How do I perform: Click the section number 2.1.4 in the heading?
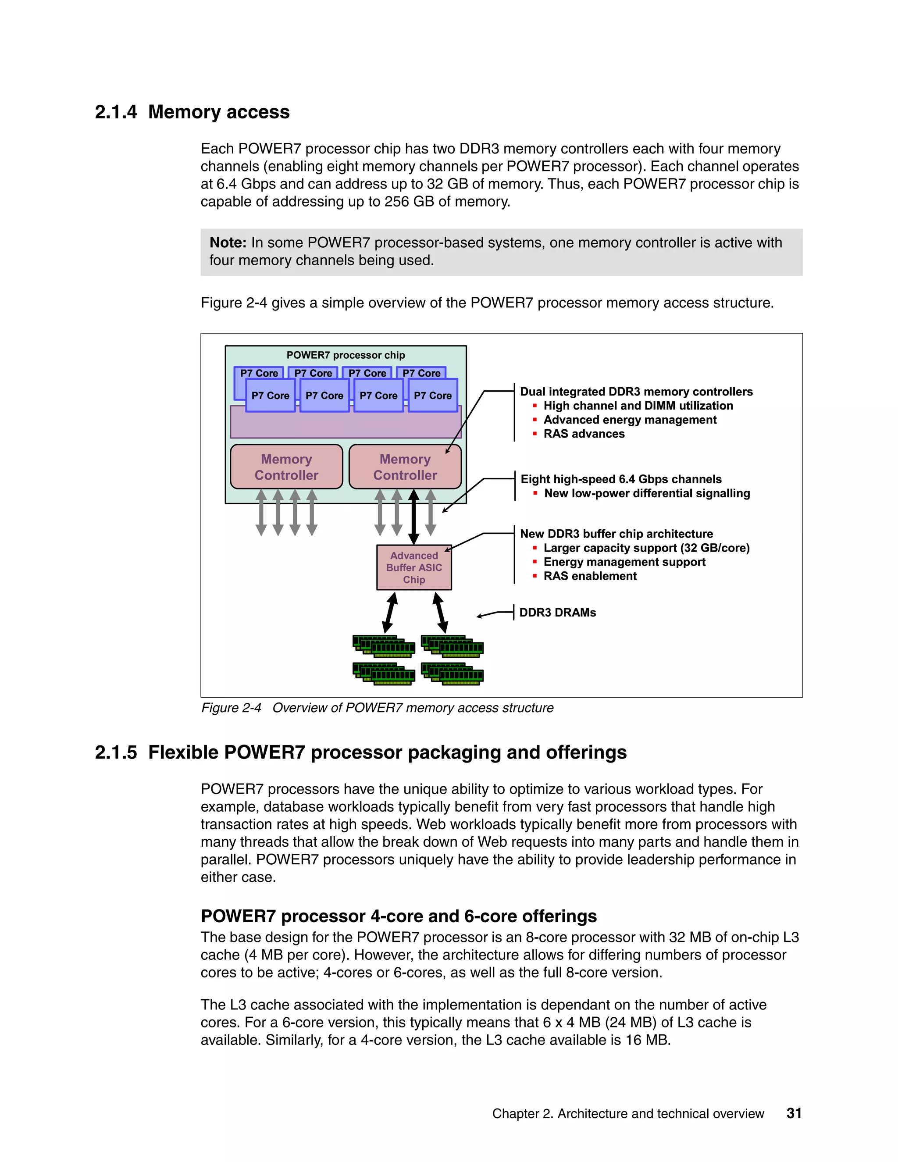[x=115, y=112]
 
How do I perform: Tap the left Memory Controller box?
[x=286, y=467]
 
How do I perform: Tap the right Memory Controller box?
[x=405, y=467]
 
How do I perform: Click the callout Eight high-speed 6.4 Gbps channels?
[x=621, y=479]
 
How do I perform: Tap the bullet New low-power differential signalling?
[x=646, y=493]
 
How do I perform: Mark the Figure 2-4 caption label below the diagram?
[x=231, y=708]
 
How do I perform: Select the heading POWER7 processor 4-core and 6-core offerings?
[x=399, y=916]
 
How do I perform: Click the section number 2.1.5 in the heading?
[x=115, y=753]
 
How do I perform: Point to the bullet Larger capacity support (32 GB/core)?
[x=646, y=548]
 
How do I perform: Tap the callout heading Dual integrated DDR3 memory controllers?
[x=636, y=392]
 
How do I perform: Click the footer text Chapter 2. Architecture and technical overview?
[x=628, y=1114]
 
